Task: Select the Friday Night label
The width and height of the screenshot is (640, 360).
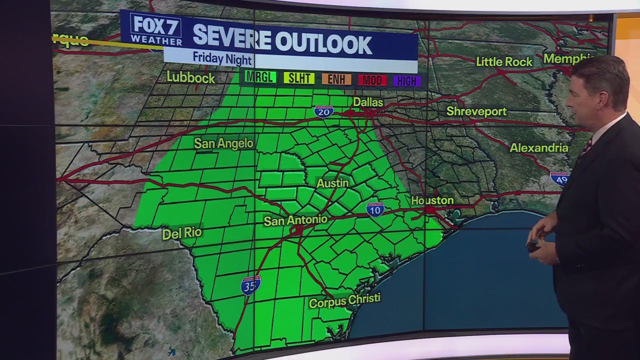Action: [222, 58]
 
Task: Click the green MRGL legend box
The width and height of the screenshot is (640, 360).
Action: [260, 77]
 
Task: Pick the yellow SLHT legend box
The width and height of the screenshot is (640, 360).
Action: [299, 78]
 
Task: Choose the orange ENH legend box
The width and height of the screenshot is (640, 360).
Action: [336, 79]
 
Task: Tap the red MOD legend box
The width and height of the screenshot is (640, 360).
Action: [372, 80]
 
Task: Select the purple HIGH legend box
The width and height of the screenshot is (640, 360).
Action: [406, 80]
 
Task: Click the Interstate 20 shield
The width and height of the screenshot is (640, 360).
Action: [324, 111]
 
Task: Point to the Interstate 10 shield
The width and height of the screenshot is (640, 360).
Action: [375, 209]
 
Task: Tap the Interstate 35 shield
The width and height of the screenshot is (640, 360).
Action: [250, 285]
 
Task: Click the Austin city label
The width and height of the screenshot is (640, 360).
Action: [332, 183]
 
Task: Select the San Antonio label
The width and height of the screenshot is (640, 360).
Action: [295, 220]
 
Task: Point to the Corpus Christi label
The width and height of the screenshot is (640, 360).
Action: [344, 301]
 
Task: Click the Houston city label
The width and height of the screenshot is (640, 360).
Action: [432, 200]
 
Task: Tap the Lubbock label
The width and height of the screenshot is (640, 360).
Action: [190, 77]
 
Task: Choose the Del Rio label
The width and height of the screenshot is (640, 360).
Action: [182, 233]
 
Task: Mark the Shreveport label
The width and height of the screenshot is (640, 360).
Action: [476, 111]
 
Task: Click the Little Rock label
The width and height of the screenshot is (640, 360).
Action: [504, 61]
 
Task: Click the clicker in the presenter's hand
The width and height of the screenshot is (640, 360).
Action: [533, 245]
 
